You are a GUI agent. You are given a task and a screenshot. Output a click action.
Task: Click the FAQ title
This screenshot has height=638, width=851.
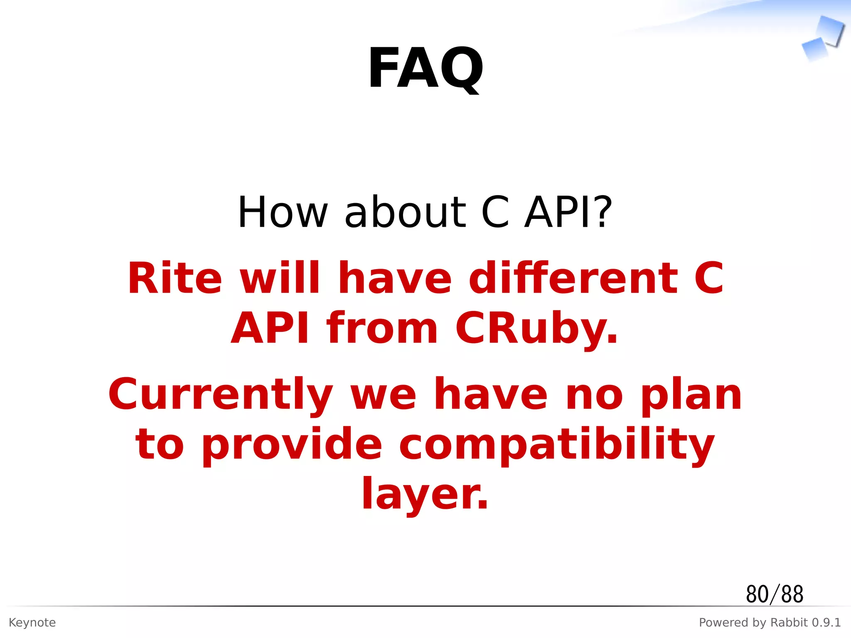425,69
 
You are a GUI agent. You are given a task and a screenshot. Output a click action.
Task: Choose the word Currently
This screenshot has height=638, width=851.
221,395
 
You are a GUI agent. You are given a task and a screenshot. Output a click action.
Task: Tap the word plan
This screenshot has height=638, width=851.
691,395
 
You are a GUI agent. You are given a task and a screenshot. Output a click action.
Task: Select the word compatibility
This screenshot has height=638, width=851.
557,444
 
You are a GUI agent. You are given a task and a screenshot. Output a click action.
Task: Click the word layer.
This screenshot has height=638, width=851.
425,494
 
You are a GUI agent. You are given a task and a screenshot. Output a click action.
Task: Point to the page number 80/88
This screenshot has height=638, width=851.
775,594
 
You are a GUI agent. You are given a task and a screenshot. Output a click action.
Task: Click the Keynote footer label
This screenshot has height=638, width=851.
32,623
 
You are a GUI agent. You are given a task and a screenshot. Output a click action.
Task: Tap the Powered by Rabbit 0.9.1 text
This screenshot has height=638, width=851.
770,623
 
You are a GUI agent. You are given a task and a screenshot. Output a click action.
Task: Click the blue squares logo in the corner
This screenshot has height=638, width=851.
823,38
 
